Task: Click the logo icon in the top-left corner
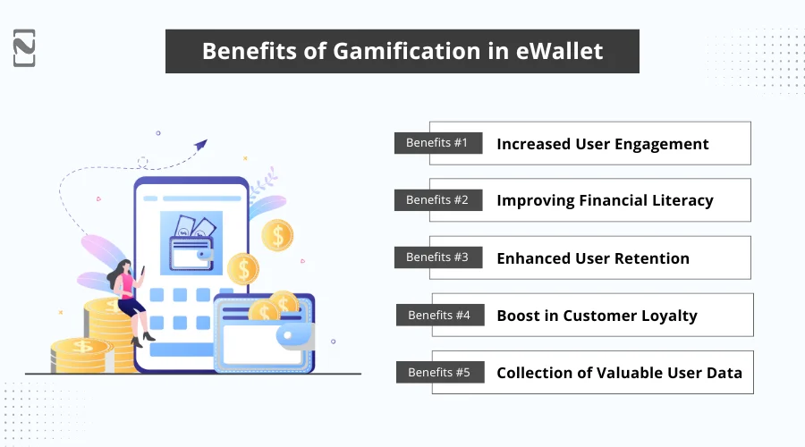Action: [x=25, y=47]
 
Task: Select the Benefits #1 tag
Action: [x=437, y=143]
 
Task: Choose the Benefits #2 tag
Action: [x=437, y=200]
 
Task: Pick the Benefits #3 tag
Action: [x=437, y=257]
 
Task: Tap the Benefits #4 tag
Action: [x=439, y=315]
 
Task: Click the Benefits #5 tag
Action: [x=439, y=372]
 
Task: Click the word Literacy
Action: [x=679, y=200]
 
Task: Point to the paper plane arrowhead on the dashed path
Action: [x=201, y=144]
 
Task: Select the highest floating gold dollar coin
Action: [x=277, y=235]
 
